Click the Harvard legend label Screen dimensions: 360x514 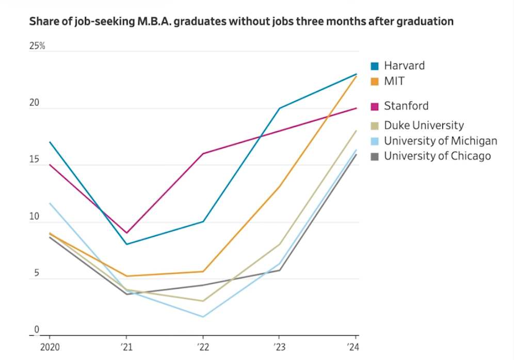point(404,66)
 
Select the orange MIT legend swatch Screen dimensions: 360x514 point(375,81)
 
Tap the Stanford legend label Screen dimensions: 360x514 point(406,106)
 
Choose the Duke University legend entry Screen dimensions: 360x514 point(424,125)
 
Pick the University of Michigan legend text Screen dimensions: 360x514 point(440,141)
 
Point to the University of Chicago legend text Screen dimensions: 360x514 point(437,156)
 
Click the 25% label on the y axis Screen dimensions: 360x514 point(37,46)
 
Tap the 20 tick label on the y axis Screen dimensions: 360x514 point(35,103)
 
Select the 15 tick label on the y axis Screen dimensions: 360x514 point(34,160)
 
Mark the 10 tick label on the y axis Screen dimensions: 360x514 point(34,217)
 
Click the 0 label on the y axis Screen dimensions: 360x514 point(37,330)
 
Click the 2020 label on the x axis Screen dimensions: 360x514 point(50,347)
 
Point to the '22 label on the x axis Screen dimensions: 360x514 point(202,347)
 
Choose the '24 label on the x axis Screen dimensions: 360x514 point(354,347)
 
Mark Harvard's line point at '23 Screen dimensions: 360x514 point(280,108)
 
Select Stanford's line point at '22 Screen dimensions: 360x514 point(203,154)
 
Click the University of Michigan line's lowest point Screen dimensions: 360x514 point(203,317)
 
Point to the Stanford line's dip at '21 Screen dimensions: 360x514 point(126,233)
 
